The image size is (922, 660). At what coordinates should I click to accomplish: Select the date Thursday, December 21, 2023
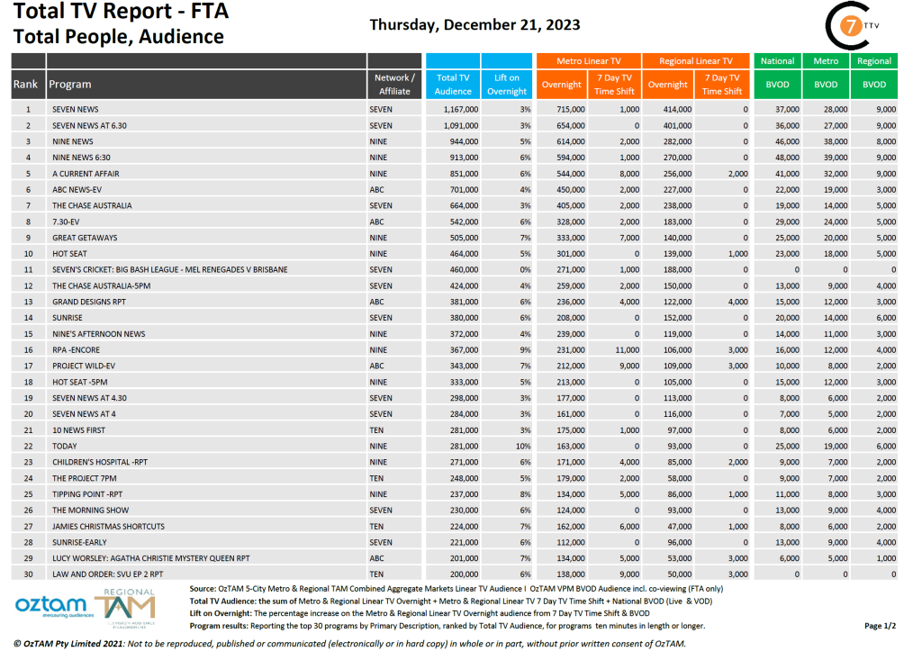click(475, 24)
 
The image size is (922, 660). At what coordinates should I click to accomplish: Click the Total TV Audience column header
click(453, 85)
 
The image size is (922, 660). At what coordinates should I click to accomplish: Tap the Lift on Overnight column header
click(507, 85)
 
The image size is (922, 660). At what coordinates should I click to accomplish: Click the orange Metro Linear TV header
click(589, 61)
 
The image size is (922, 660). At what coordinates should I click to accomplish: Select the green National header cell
click(777, 61)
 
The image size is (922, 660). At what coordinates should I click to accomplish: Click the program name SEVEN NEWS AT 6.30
click(89, 125)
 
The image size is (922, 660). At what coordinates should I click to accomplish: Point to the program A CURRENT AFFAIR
click(86, 174)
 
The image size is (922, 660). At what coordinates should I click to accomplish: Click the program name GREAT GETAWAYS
click(85, 238)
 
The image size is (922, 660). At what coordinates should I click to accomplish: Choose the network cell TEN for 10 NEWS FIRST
click(377, 429)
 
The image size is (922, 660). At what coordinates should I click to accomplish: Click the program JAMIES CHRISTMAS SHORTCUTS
click(108, 526)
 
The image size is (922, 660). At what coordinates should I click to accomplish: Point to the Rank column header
click(25, 85)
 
